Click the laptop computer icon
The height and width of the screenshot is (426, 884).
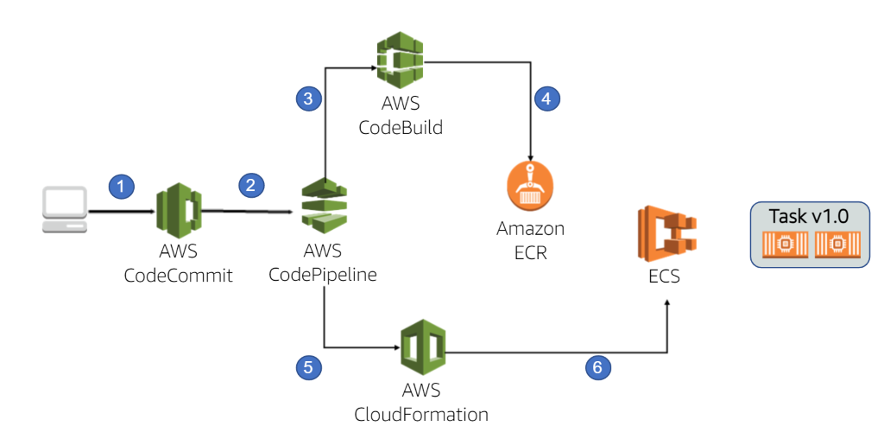tap(66, 211)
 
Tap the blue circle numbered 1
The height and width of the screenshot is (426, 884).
tap(122, 185)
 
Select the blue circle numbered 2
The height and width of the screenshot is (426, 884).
tap(250, 184)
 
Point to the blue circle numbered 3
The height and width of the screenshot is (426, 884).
tap(308, 99)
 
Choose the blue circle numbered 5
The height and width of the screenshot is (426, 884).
tap(308, 368)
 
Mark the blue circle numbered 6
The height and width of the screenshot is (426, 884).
tap(597, 368)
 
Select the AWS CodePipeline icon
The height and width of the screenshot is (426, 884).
tap(323, 208)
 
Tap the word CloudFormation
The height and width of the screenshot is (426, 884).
tap(421, 413)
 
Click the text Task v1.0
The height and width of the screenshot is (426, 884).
tap(809, 218)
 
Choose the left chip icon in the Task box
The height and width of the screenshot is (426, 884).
tap(786, 245)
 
